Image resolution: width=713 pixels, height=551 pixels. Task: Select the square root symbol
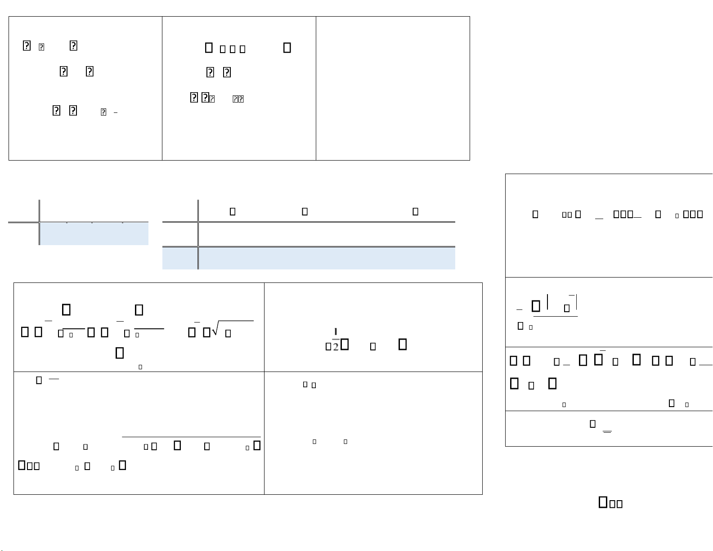pos(215,331)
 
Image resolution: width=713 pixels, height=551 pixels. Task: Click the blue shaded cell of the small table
pos(94,234)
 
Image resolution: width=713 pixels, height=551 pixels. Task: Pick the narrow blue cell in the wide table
pos(180,258)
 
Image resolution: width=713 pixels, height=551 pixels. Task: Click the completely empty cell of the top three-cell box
pos(393,89)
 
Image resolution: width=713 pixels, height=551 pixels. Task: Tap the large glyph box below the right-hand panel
pos(603,502)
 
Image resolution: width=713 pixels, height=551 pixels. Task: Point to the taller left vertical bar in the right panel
pos(547,301)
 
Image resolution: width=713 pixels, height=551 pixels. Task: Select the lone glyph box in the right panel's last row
pos(593,424)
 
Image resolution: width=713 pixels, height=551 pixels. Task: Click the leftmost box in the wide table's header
pos(233,211)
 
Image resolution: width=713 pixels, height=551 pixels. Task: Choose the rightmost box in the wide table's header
pos(416,211)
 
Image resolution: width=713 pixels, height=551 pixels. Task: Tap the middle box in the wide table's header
pos(305,211)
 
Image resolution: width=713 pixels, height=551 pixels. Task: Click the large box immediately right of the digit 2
pos(345,345)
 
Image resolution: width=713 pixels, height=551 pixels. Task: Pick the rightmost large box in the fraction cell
pos(403,344)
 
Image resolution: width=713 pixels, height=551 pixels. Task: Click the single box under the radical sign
pos(228,333)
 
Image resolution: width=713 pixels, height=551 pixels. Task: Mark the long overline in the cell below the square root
pos(191,436)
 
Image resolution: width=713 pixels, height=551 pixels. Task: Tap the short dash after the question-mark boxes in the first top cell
pos(116,112)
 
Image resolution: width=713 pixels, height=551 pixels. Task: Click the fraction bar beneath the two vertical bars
pos(556,316)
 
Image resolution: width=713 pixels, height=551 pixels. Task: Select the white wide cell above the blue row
pos(327,234)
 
